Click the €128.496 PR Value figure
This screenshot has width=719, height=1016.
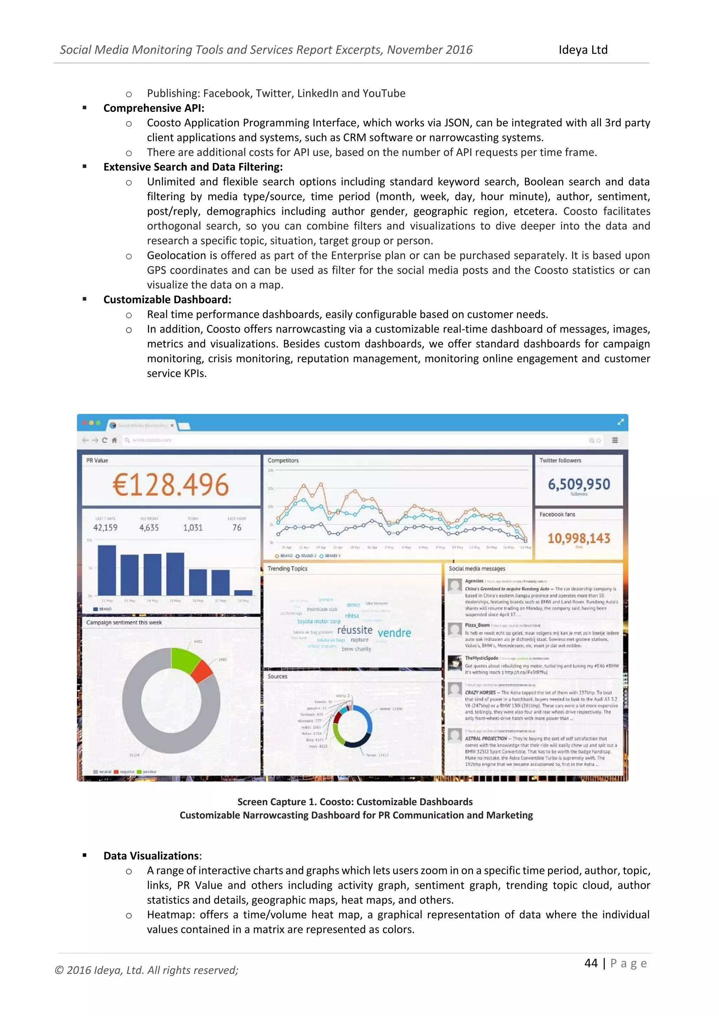tap(171, 484)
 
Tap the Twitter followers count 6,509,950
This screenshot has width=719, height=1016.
tap(579, 484)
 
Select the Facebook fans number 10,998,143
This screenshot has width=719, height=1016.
tap(579, 538)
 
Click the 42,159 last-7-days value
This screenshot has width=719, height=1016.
tap(105, 527)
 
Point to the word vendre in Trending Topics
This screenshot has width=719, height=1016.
tap(394, 633)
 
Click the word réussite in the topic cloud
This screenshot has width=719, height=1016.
tap(355, 630)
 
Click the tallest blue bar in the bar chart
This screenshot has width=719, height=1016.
tap(107, 570)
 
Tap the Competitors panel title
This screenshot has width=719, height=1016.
tap(283, 460)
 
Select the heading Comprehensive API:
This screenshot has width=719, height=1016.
tap(154, 108)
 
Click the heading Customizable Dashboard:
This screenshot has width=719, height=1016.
tap(167, 300)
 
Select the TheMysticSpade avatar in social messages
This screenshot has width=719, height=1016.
tap(455, 663)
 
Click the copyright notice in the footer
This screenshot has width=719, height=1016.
tap(146, 970)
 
